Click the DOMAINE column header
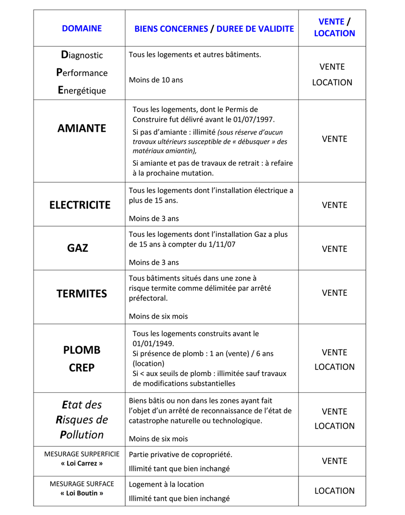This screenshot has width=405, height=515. [82, 28]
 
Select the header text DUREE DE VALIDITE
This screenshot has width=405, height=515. [255, 29]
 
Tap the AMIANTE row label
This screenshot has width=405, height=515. [81, 129]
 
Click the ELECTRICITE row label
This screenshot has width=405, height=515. [80, 205]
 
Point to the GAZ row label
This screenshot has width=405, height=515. [78, 248]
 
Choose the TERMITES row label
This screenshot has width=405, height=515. [81, 294]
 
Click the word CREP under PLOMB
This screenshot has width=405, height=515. [82, 368]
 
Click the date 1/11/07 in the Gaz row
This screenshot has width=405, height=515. [218, 244]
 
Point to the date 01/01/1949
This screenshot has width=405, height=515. [153, 343]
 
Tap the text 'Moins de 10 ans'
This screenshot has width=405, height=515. [156, 80]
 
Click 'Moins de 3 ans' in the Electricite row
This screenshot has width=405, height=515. [154, 219]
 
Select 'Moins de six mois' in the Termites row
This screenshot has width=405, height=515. [158, 316]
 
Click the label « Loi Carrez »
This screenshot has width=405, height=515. [82, 463]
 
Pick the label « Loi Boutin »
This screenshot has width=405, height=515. [82, 493]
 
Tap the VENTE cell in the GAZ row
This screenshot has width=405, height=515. [334, 249]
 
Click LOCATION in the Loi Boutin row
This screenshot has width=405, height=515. [334, 491]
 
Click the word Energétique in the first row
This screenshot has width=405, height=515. [82, 91]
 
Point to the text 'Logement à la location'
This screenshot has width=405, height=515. [166, 484]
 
